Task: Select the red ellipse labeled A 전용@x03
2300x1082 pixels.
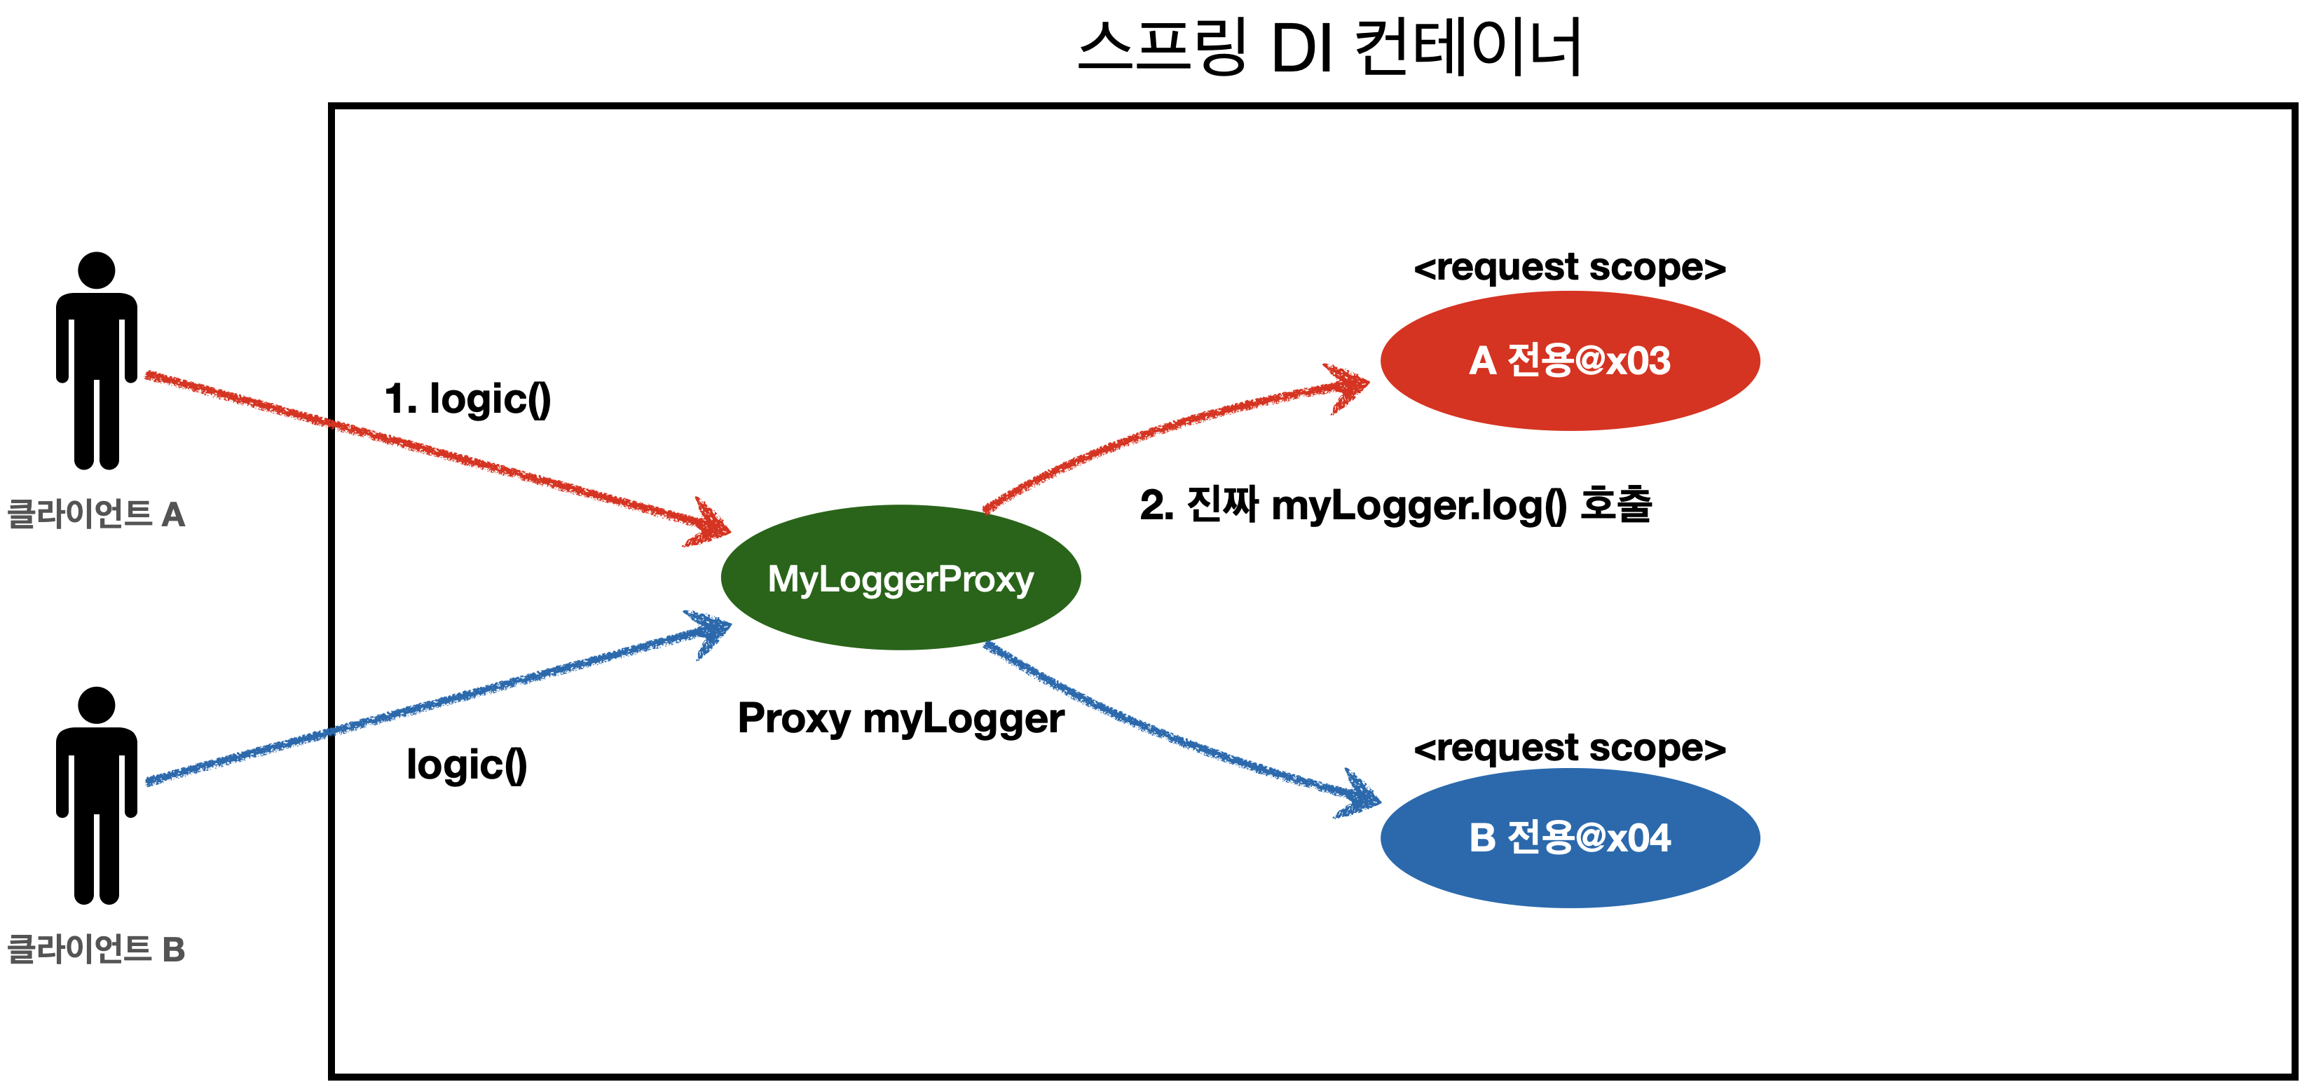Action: click(x=1570, y=361)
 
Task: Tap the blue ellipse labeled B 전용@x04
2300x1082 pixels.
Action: click(x=1570, y=837)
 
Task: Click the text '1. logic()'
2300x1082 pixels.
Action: click(x=467, y=399)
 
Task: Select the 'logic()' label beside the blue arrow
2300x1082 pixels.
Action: click(x=466, y=765)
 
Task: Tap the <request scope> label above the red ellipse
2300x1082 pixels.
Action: click(x=1569, y=267)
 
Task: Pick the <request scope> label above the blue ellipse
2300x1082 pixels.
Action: click(x=1569, y=747)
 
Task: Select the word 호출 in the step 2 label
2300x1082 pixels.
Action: click(x=1616, y=505)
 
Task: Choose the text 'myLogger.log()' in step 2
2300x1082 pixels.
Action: click(x=1418, y=506)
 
